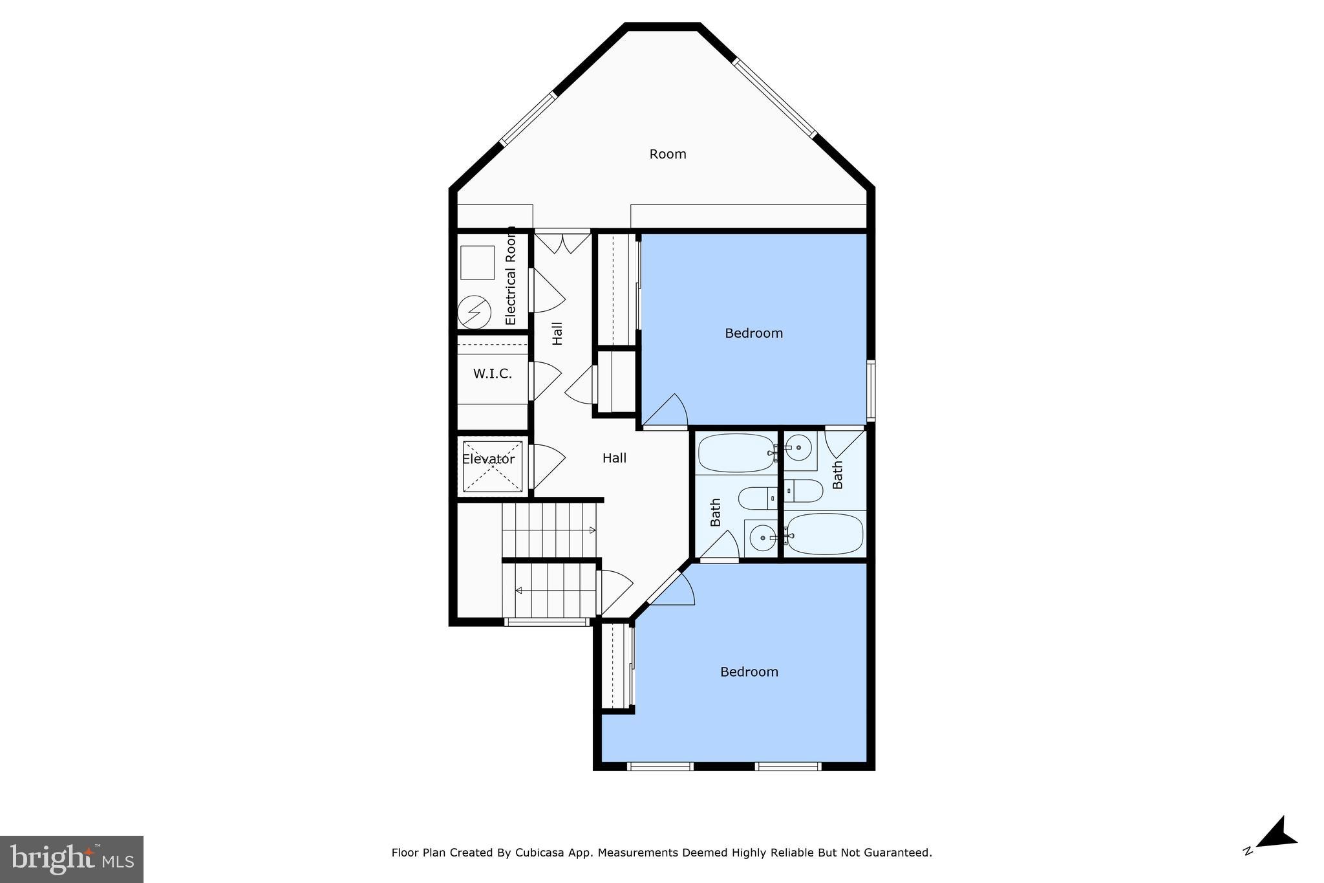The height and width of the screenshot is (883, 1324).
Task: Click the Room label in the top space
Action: pyautogui.click(x=668, y=154)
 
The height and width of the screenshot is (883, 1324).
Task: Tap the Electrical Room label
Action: pyautogui.click(x=511, y=277)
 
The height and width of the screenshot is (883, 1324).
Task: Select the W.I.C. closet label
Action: pyautogui.click(x=492, y=374)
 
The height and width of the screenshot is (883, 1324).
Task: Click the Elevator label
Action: pyautogui.click(x=488, y=459)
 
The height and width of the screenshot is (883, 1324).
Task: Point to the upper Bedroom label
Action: pyautogui.click(x=753, y=333)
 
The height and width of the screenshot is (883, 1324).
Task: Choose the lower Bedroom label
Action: pyautogui.click(x=749, y=672)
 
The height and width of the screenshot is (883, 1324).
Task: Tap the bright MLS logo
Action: pyautogui.click(x=72, y=859)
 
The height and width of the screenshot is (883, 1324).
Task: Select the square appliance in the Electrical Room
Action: pyautogui.click(x=477, y=262)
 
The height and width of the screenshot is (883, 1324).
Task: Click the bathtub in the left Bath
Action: pyautogui.click(x=736, y=453)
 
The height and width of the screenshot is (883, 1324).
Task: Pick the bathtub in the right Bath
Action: pyautogui.click(x=825, y=534)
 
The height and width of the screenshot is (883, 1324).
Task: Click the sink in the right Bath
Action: pyautogui.click(x=800, y=447)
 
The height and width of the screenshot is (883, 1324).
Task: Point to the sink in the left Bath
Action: pyautogui.click(x=762, y=537)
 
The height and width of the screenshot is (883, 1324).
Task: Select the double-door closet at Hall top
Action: pyautogui.click(x=562, y=243)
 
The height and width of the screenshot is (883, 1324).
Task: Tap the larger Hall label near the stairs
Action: pyautogui.click(x=614, y=458)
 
